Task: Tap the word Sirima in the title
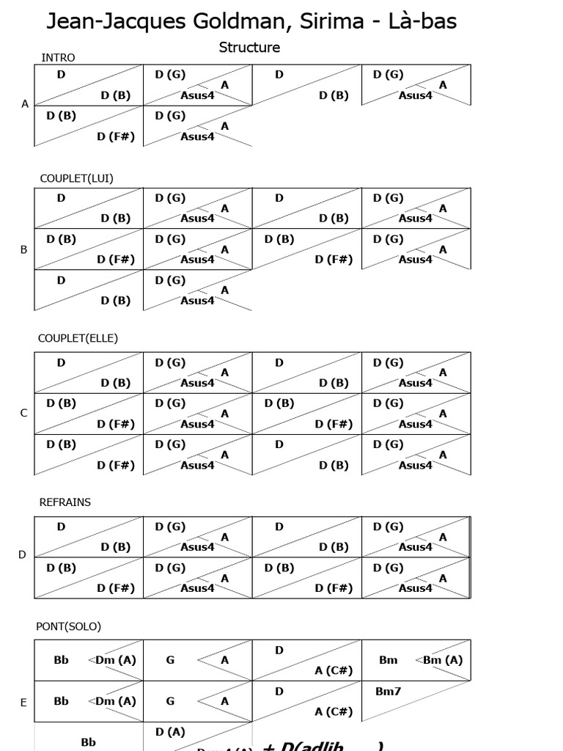[x=325, y=22]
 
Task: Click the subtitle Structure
[x=249, y=48]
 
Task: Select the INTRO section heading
[x=58, y=58]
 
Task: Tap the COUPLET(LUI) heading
[x=76, y=178]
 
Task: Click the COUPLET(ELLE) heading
[x=78, y=338]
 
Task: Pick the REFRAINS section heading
[x=65, y=502]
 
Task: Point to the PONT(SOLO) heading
[x=69, y=626]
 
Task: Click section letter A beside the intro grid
[x=25, y=104]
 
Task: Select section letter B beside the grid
[x=24, y=249]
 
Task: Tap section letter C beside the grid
[x=24, y=413]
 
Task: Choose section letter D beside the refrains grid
[x=23, y=554]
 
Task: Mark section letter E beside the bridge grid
[x=23, y=703]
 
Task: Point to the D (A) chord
[x=170, y=732]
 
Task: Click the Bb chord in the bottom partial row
[x=89, y=742]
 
